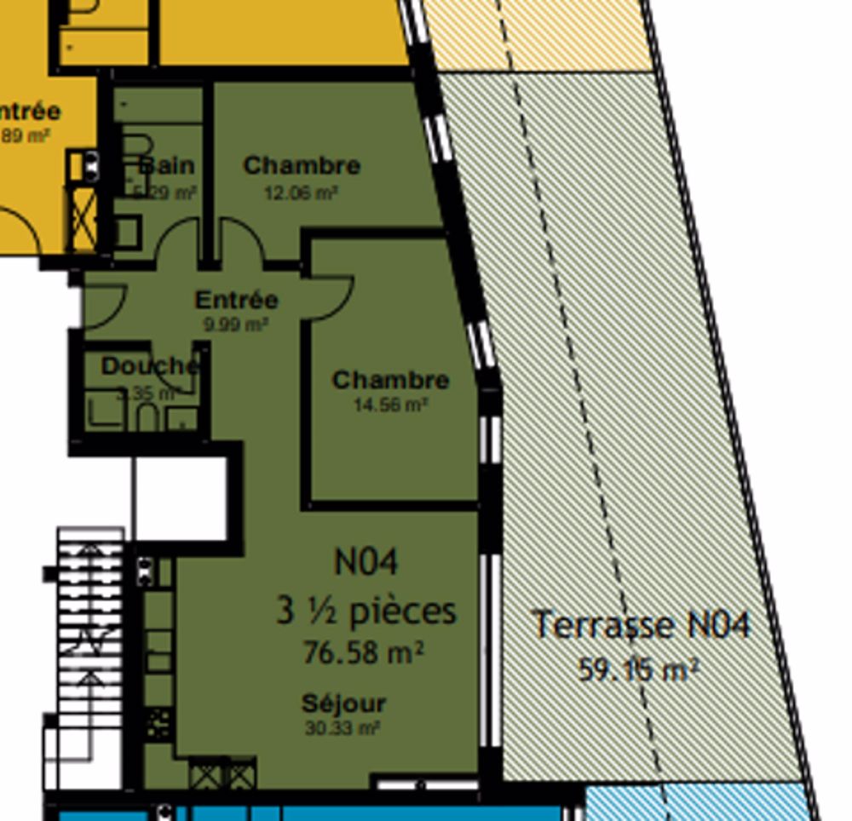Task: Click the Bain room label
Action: (167, 165)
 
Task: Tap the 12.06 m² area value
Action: (301, 193)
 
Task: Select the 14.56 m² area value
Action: (390, 405)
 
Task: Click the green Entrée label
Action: (236, 300)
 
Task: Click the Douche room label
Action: (150, 366)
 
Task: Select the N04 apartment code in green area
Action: (366, 562)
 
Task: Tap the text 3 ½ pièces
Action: (366, 611)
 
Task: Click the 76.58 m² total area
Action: (364, 652)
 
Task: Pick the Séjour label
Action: (343, 703)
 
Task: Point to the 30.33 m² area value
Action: (342, 728)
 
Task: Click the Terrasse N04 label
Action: (641, 625)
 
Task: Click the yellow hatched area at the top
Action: (537, 34)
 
